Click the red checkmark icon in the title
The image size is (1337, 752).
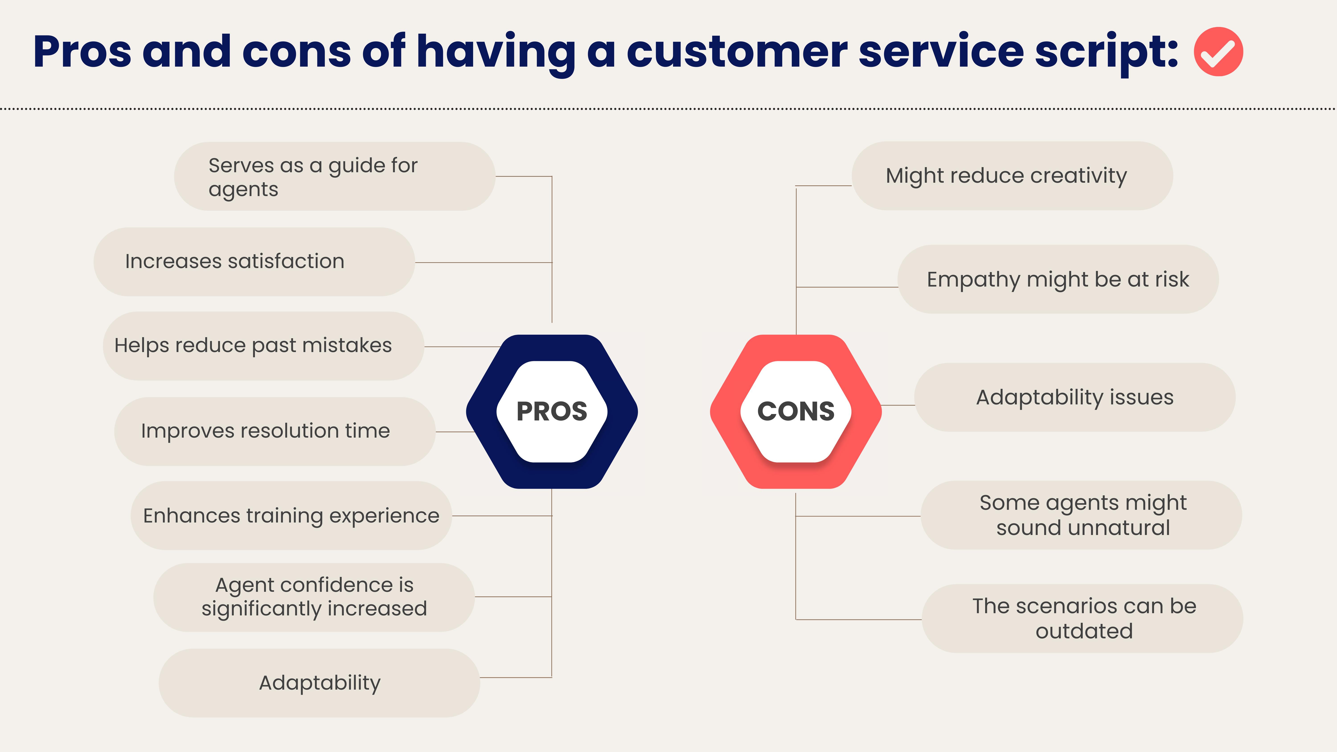[x=1218, y=52]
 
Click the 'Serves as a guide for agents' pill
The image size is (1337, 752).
[x=334, y=176]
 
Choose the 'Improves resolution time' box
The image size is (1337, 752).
[x=275, y=431]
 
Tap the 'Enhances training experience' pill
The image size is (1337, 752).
[x=291, y=516]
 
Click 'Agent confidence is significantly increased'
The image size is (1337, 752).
[x=314, y=597]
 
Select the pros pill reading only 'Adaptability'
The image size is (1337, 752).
[x=319, y=683]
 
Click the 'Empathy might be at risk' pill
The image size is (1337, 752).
[x=1058, y=279]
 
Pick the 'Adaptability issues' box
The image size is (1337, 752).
[x=1074, y=398]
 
